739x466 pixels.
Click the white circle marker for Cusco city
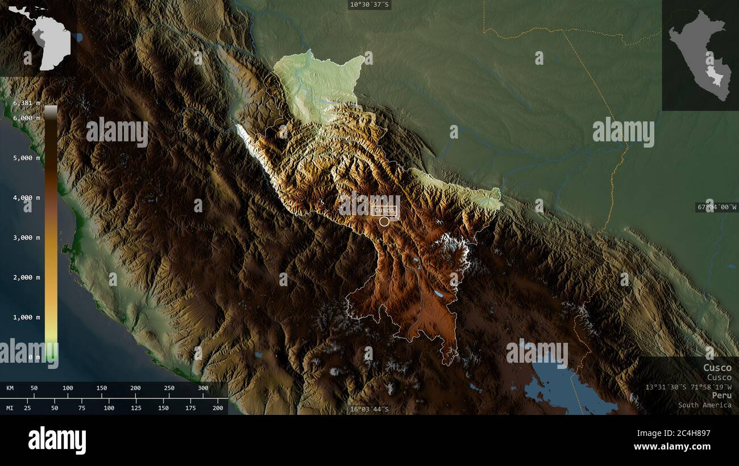point(385,221)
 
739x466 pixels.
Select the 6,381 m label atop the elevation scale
point(27,103)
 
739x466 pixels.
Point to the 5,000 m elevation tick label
point(27,158)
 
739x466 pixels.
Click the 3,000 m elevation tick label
point(27,237)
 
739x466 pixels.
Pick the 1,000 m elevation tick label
point(27,317)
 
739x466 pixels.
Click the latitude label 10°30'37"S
point(369,5)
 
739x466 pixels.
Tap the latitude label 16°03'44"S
point(369,409)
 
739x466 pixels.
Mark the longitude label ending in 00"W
point(717,208)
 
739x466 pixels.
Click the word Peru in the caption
point(721,395)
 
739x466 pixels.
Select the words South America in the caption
point(704,405)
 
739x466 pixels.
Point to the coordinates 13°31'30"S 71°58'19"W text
point(688,387)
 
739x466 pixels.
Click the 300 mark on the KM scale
point(203,388)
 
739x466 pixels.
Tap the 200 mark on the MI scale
point(218,408)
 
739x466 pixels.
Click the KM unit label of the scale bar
point(10,388)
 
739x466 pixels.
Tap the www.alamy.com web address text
point(672,447)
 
